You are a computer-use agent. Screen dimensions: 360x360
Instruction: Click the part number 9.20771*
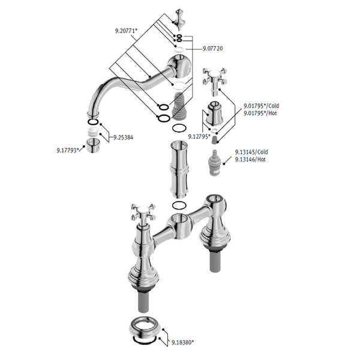[x=126, y=31]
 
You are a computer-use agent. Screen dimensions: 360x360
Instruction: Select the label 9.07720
[x=212, y=49]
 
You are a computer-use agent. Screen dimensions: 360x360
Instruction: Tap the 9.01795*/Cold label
[x=261, y=106]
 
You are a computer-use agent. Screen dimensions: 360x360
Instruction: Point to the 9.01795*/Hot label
[x=260, y=113]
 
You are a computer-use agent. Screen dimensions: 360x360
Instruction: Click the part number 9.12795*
[x=199, y=137]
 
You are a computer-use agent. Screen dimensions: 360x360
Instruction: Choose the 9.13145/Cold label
[x=251, y=152]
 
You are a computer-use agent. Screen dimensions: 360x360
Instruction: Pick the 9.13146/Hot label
[x=250, y=160]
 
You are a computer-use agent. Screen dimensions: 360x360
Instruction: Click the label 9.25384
[x=123, y=137]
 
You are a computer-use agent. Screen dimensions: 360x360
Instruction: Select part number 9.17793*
[x=68, y=151]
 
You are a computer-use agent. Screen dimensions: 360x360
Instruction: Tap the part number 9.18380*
[x=182, y=343]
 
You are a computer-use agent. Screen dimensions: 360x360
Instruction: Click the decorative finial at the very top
[x=179, y=20]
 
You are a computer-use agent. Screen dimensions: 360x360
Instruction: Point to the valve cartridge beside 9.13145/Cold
[x=214, y=163]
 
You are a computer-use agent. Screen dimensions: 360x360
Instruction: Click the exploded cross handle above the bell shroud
[x=215, y=82]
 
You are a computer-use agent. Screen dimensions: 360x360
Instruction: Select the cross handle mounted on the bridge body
[x=143, y=213]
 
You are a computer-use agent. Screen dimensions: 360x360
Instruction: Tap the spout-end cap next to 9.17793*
[x=93, y=146]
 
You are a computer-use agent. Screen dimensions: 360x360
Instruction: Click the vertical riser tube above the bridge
[x=179, y=170]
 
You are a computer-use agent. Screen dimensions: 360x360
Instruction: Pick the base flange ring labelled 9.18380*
[x=145, y=329]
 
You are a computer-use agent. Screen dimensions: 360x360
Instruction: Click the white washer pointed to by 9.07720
[x=179, y=49]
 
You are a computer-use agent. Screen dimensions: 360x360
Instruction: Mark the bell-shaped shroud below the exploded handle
[x=214, y=114]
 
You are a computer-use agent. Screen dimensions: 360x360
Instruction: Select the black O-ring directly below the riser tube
[x=179, y=205]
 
